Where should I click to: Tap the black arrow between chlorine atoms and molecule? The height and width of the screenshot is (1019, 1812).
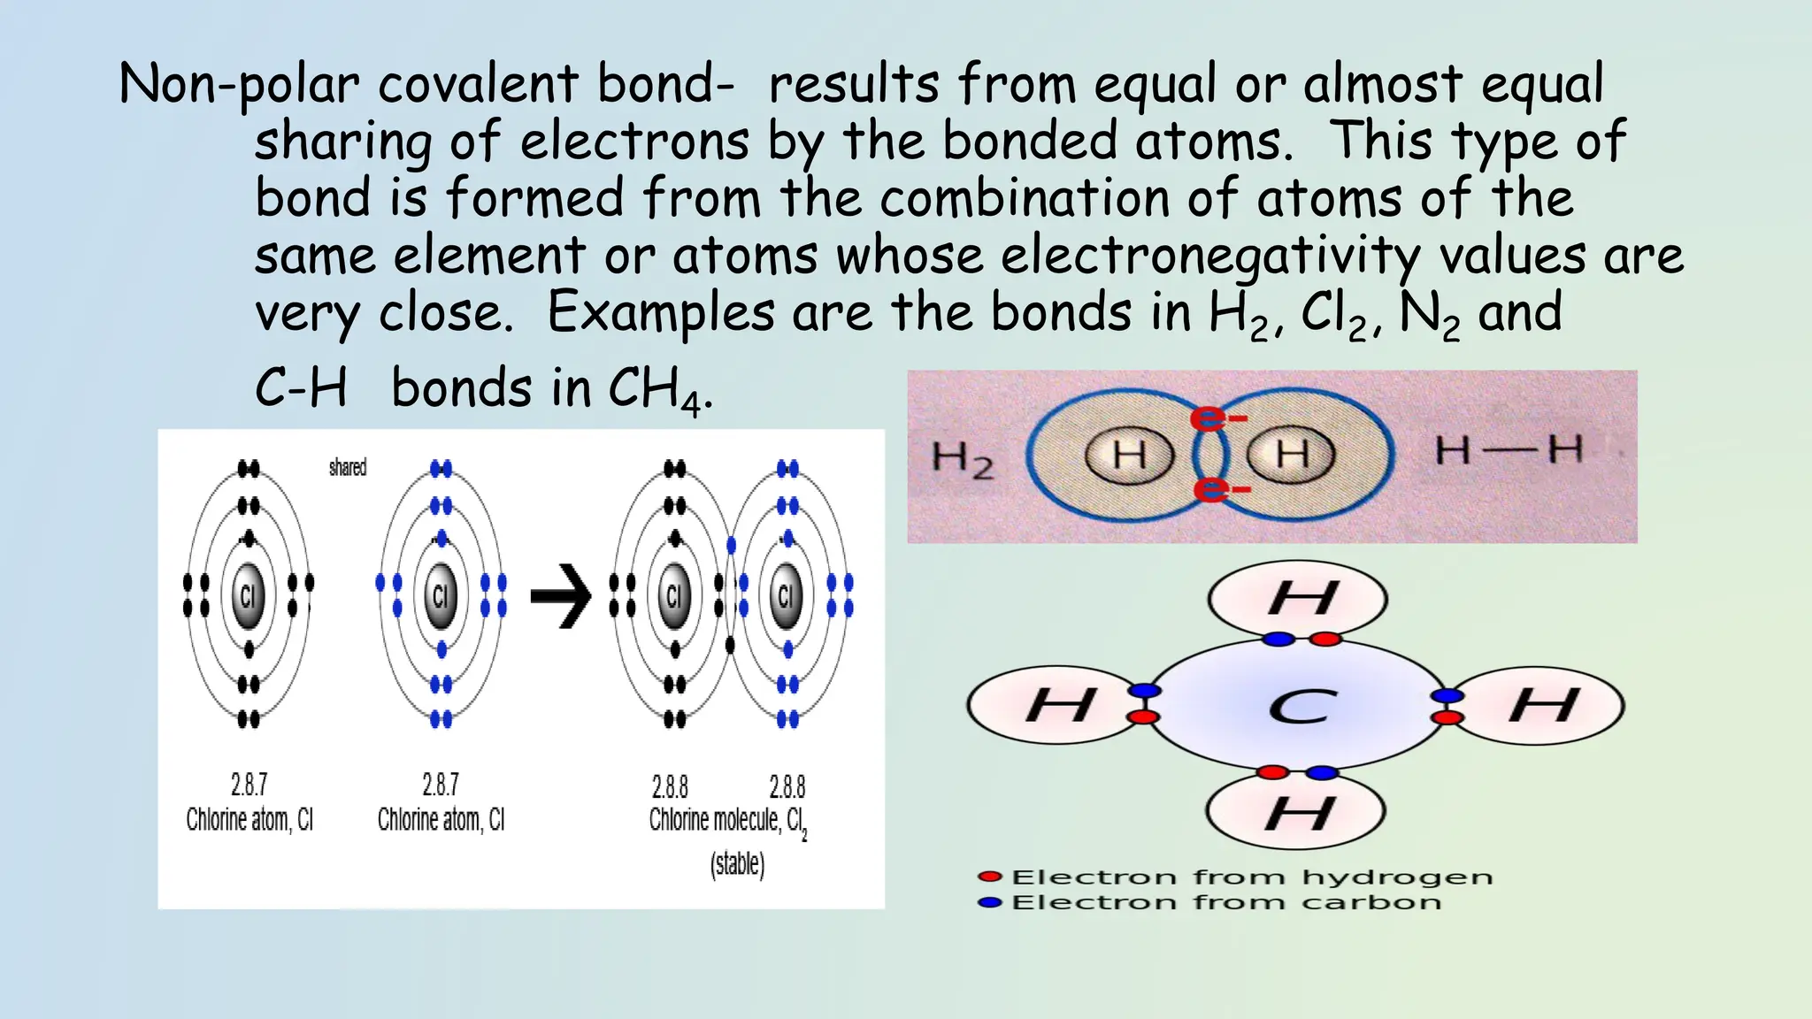point(560,596)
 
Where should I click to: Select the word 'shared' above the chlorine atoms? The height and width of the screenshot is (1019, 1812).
point(347,467)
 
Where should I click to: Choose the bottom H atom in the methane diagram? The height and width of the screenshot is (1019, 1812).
point(1297,812)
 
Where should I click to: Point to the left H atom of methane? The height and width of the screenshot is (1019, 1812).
point(1058,706)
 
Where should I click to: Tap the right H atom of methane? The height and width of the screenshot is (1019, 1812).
point(1543,706)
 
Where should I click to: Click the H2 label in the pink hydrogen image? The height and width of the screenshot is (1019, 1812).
point(962,459)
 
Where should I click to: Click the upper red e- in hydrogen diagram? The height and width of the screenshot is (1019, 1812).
point(1217,417)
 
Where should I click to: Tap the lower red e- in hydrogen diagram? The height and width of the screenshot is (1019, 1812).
point(1220,488)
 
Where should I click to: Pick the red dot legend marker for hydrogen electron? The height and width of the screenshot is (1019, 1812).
point(989,877)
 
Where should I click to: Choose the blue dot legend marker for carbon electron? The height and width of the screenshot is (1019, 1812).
point(989,902)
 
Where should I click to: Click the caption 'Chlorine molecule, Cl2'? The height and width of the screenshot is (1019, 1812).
point(727,821)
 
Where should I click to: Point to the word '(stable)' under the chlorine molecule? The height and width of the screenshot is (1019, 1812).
point(737,863)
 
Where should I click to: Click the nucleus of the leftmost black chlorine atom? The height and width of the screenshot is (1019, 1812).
point(248,595)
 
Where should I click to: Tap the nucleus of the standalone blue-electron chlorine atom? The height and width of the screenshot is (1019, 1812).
point(440,595)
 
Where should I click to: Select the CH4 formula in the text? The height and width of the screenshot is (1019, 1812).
point(654,390)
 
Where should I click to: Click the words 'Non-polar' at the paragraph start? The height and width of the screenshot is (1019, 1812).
point(239,86)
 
